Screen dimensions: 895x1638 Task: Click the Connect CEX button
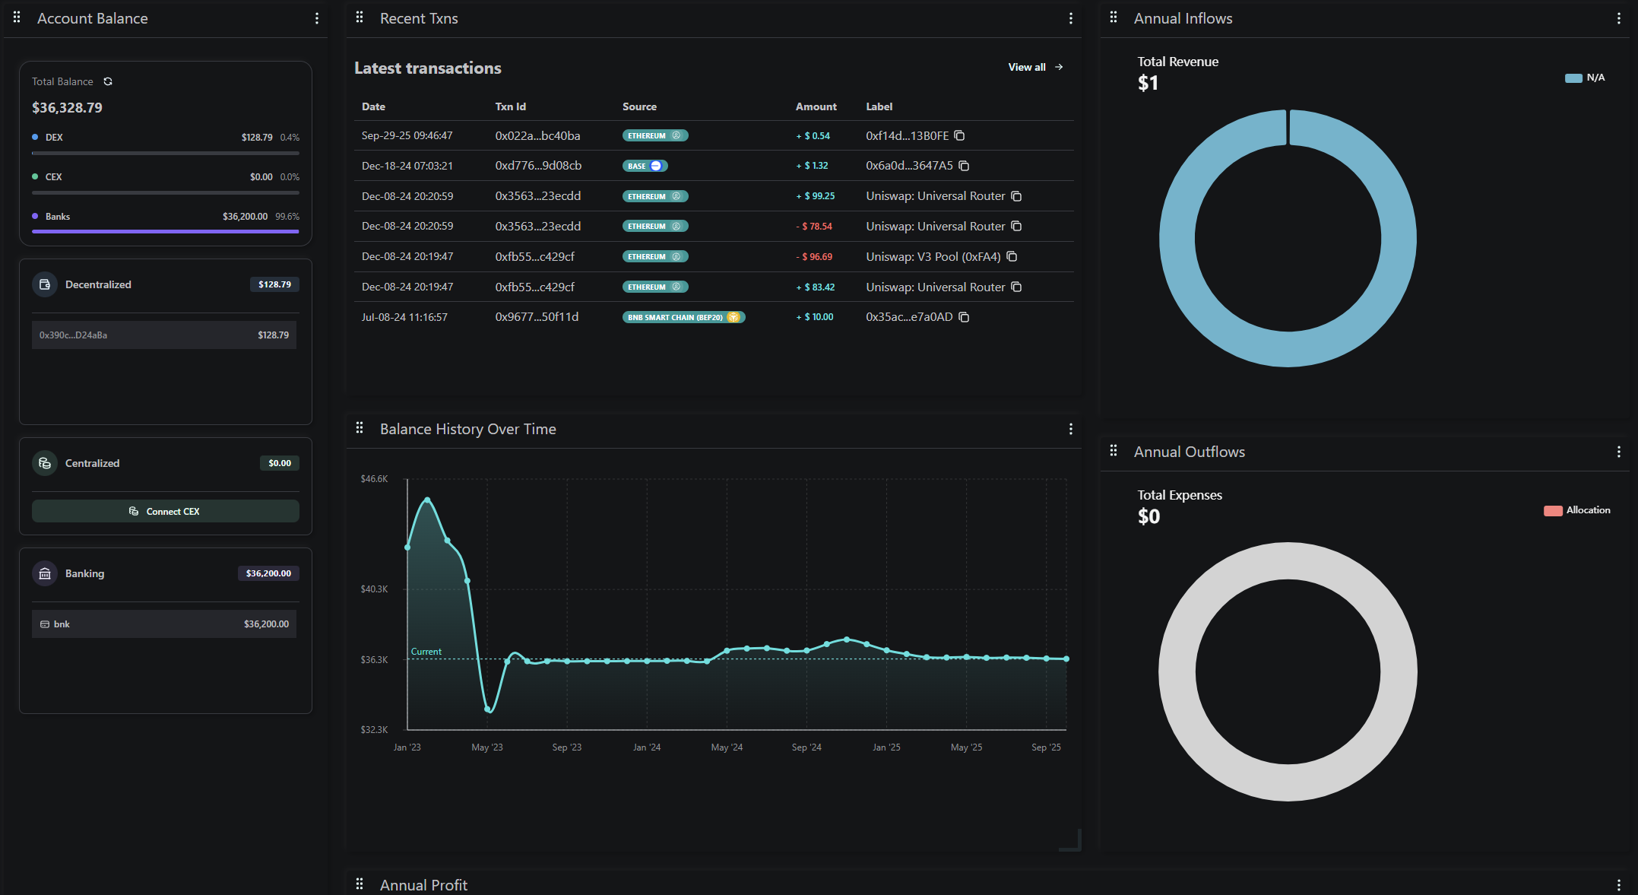click(165, 511)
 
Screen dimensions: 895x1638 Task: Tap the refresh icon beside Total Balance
click(108, 81)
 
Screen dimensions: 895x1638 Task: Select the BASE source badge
click(645, 166)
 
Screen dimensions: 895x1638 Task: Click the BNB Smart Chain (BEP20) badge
click(683, 317)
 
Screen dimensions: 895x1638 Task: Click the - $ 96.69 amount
click(814, 257)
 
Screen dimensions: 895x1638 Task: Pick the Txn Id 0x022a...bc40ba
click(537, 136)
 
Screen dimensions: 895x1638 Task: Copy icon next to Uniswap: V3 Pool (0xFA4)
click(1012, 257)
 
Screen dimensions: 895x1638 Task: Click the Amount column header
click(816, 106)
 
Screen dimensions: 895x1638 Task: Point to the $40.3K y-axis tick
click(374, 589)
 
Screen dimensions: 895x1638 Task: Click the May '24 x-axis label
click(727, 747)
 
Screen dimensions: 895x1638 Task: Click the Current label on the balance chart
click(426, 652)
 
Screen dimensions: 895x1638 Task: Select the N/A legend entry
click(1586, 78)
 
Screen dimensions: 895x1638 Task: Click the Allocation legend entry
click(1577, 510)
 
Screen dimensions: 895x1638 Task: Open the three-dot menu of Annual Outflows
click(1618, 452)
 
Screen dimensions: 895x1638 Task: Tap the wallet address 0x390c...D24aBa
click(73, 335)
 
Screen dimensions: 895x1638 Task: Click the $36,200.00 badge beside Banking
click(268, 573)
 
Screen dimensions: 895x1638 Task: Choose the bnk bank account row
click(164, 624)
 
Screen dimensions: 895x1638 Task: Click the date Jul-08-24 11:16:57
click(404, 317)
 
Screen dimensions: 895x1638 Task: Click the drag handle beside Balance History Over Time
click(360, 429)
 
